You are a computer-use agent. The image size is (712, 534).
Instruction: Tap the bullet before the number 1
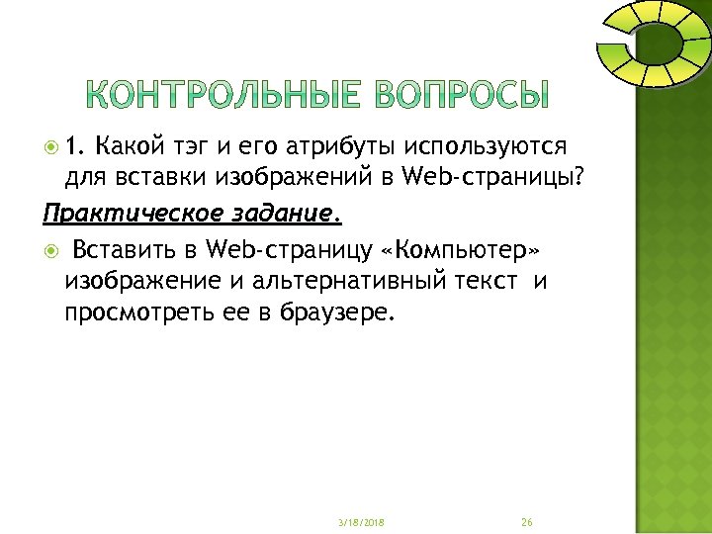[x=52, y=147]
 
